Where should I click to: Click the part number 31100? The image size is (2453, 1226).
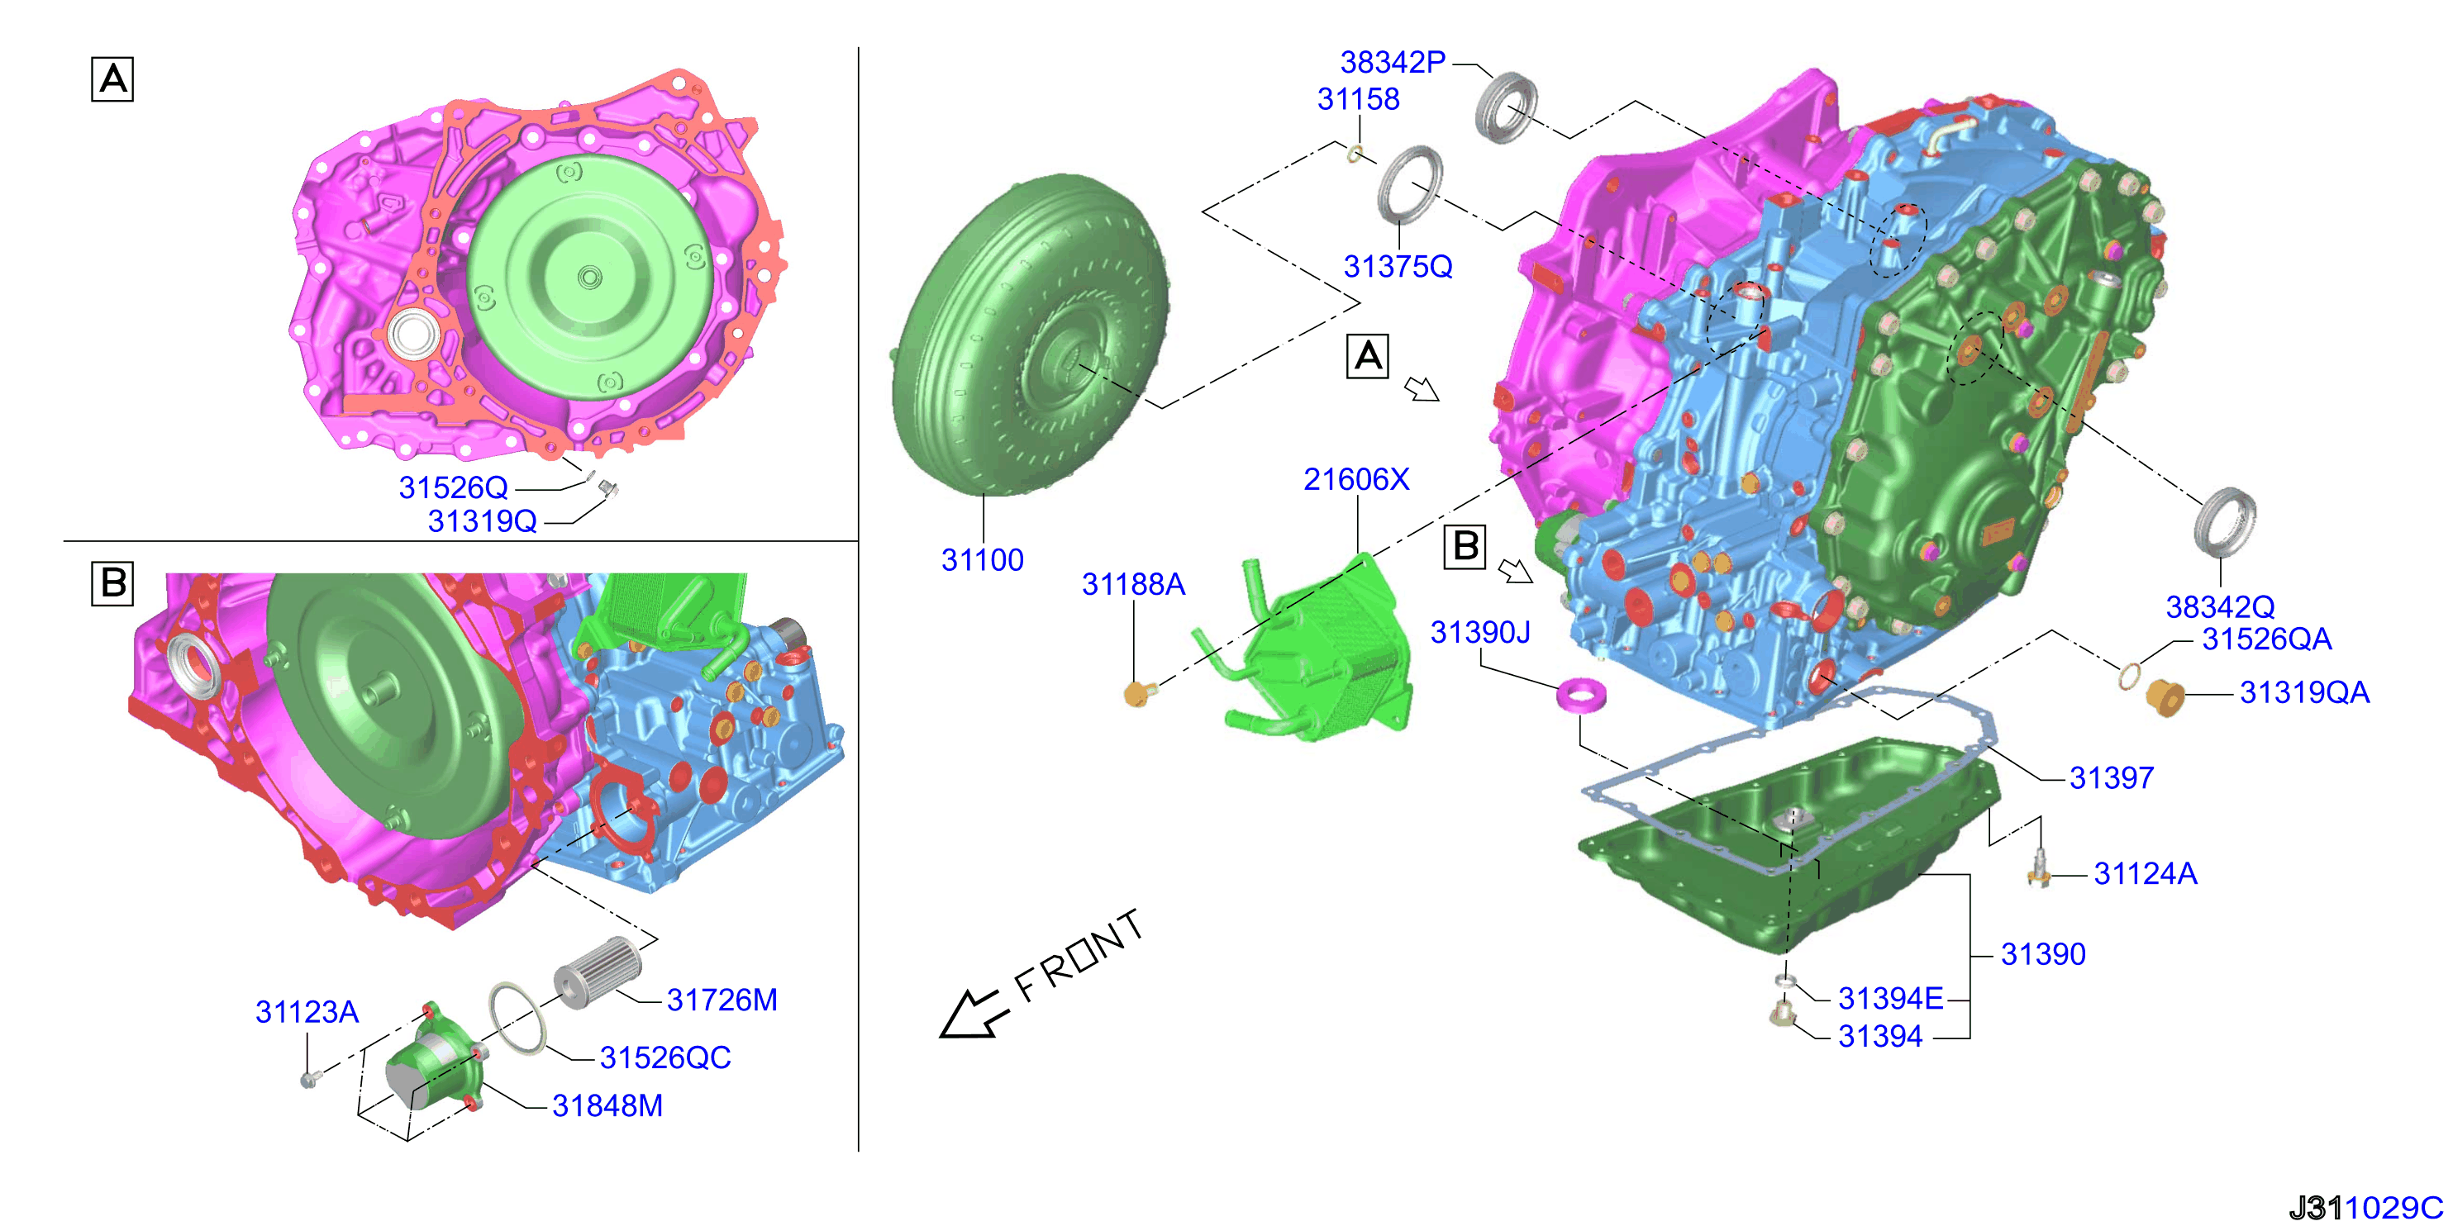tap(982, 559)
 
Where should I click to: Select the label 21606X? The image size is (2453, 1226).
tap(1356, 479)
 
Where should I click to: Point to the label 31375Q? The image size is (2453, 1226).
tap(1398, 267)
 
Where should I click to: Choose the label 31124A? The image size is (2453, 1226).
tap(2146, 874)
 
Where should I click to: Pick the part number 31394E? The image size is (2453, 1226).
tap(1890, 999)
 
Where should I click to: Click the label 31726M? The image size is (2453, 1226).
tap(722, 1000)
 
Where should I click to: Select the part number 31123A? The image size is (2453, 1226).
tap(307, 1012)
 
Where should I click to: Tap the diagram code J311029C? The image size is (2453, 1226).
tap(2365, 1208)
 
